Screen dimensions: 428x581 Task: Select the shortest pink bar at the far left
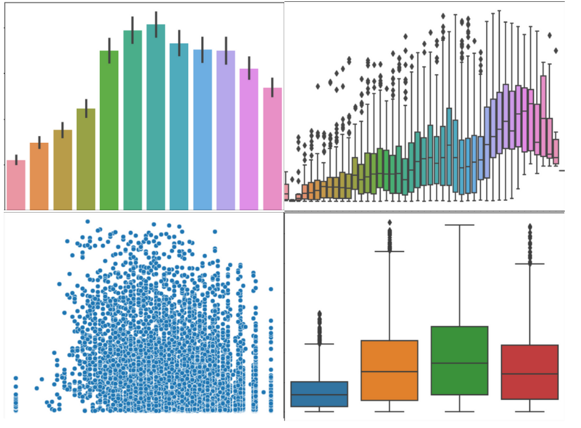click(16, 185)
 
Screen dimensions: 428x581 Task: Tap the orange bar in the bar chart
click(39, 176)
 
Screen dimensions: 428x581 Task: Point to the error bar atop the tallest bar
click(156, 24)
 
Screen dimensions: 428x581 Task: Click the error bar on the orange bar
click(39, 142)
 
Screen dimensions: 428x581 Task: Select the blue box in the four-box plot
click(319, 394)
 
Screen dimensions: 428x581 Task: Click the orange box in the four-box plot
click(389, 370)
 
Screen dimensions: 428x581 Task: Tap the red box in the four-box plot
click(530, 372)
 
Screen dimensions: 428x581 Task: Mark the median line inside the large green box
click(460, 363)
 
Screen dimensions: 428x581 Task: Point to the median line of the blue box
click(319, 394)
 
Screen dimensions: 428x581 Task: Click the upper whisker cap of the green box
click(460, 225)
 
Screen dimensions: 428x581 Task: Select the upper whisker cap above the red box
click(530, 264)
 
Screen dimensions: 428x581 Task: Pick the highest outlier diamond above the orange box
click(390, 223)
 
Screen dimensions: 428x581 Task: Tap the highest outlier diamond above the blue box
click(319, 313)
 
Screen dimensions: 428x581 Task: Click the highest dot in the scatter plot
click(87, 221)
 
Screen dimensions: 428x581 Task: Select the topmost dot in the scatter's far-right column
click(271, 289)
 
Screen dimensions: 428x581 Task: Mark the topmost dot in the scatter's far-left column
click(16, 378)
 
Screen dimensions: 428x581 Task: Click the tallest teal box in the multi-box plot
click(449, 146)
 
